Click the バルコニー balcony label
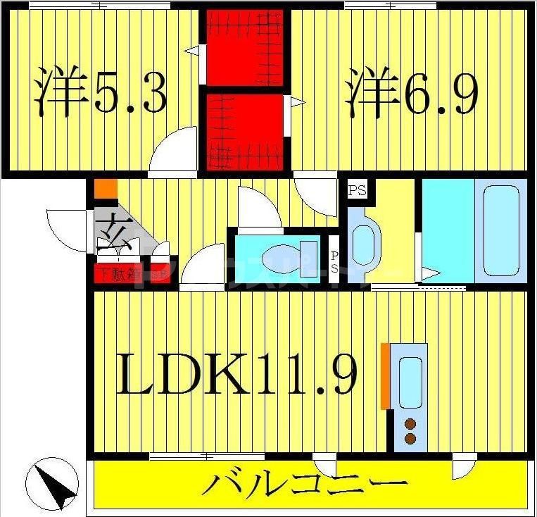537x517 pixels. pos(308,485)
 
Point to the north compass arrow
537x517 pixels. pos(51,483)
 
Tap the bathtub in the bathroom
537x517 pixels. pos(500,230)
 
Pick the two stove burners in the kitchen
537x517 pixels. pos(410,430)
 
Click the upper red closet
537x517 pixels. pos(245,47)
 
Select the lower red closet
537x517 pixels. pos(245,127)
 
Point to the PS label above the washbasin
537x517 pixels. pos(358,189)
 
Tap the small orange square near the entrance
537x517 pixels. pos(105,189)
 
